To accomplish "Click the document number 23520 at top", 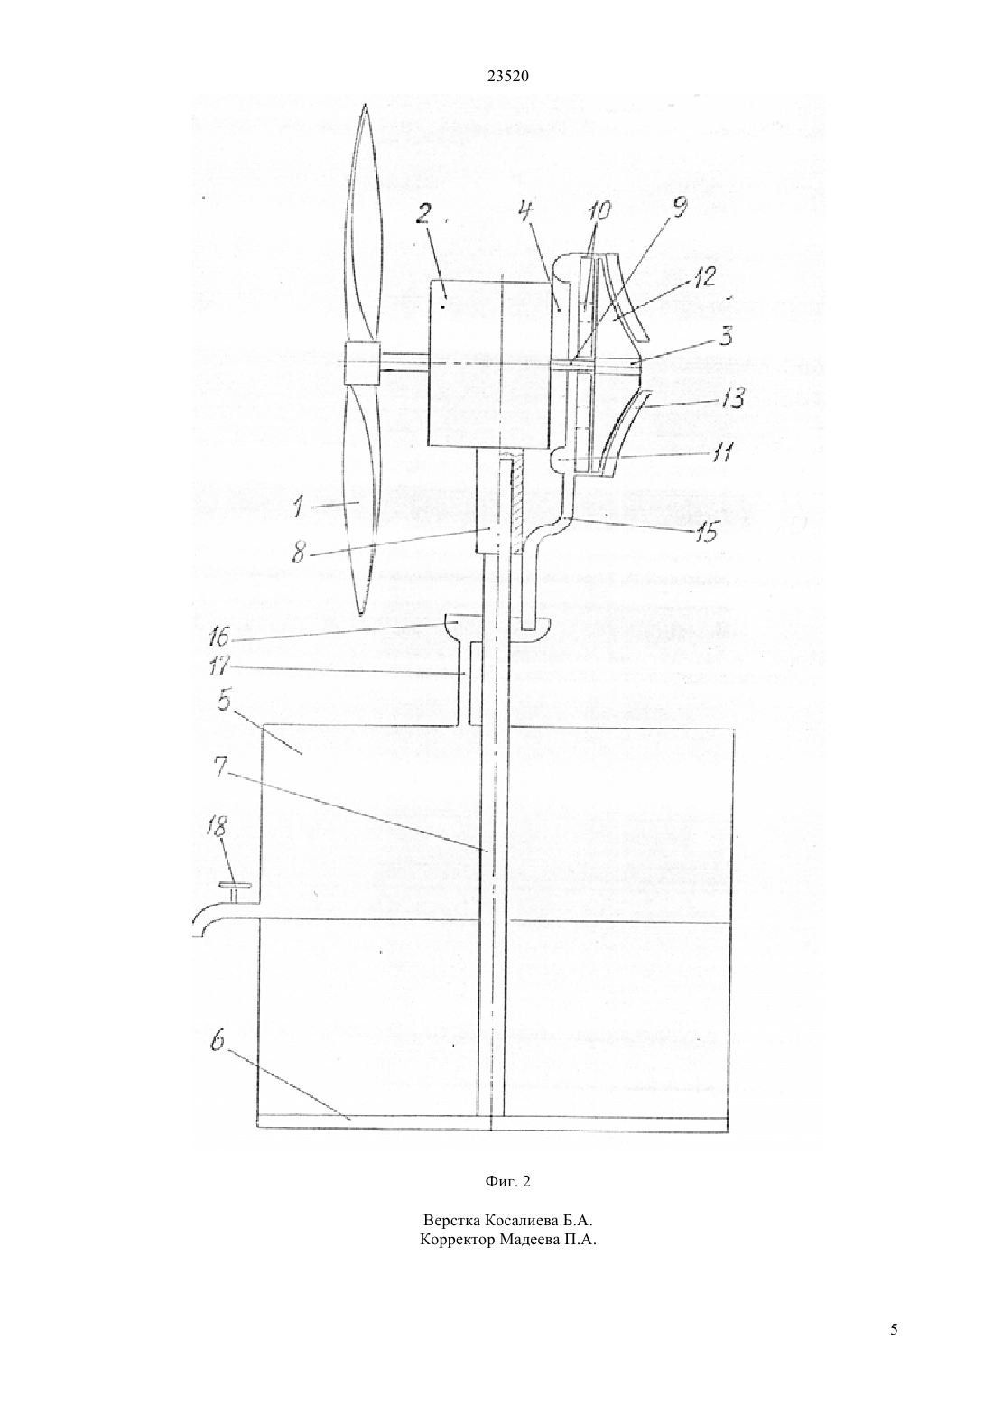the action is pyautogui.click(x=507, y=77).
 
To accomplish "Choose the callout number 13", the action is pyautogui.click(x=729, y=398).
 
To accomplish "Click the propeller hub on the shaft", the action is pyautogui.click(x=363, y=365).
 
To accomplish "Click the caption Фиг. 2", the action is pyautogui.click(x=507, y=1182).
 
